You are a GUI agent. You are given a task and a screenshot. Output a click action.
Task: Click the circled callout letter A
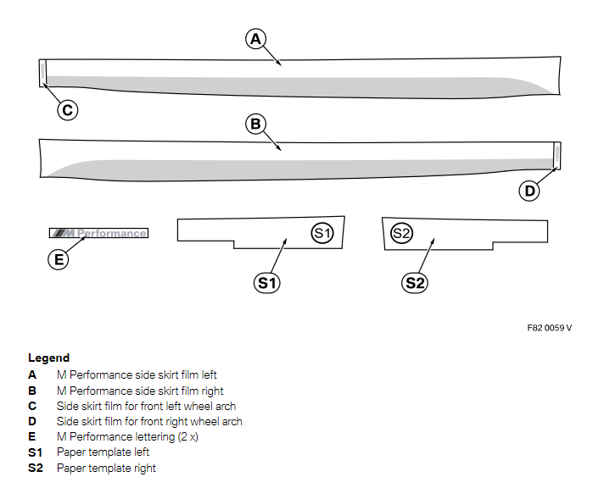point(256,38)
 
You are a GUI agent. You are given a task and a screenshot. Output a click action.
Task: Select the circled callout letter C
point(68,108)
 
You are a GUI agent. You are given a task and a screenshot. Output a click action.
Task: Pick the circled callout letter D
point(530,191)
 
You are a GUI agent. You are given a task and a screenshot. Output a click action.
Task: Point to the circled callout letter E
point(59,259)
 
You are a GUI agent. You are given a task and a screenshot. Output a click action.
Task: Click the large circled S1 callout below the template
point(267,282)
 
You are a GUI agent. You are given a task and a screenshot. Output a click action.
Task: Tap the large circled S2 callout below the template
point(414,282)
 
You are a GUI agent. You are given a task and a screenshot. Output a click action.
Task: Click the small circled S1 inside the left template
point(322,232)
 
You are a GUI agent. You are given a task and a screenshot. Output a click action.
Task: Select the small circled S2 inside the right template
point(401,232)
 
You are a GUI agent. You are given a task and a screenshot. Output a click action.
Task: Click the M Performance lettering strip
point(98,233)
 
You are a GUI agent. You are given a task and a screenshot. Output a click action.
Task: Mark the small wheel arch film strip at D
point(556,155)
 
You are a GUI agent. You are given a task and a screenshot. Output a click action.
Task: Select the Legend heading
point(48,358)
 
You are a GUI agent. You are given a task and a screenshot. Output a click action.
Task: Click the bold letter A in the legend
point(32,374)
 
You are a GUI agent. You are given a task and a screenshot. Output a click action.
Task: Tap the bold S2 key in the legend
point(35,468)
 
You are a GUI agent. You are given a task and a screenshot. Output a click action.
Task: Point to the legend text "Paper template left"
point(103,452)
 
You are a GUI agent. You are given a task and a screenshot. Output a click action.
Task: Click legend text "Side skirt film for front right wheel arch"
point(149,421)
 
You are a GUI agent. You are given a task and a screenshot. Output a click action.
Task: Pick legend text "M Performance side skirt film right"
point(140,390)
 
